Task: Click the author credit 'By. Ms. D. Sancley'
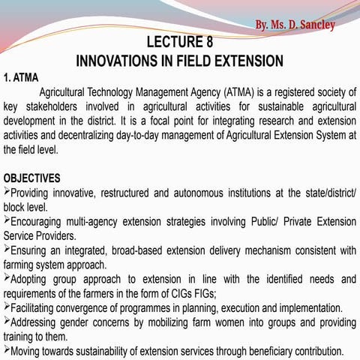(295, 25)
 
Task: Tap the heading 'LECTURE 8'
(180, 42)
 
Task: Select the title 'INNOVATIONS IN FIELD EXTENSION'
(180, 60)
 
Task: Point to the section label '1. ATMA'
(21, 77)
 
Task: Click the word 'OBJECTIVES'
(32, 178)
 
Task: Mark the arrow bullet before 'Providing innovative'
(7, 192)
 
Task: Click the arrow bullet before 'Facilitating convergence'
(7, 307)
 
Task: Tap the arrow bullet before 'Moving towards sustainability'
(7, 350)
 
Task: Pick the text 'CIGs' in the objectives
(180, 293)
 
